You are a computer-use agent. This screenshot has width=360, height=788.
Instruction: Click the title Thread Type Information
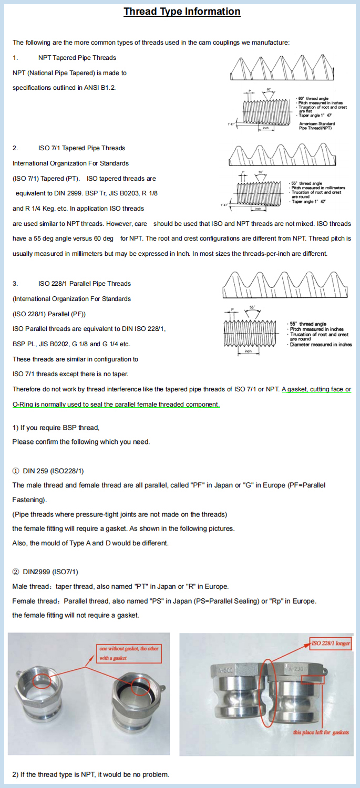pyautogui.click(x=182, y=12)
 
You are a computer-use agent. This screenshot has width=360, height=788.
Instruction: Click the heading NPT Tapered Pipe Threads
pyautogui.click(x=77, y=58)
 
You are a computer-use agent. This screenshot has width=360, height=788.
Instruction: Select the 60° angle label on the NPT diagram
pyautogui.click(x=269, y=90)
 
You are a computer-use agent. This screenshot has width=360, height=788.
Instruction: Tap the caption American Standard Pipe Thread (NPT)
pyautogui.click(x=317, y=126)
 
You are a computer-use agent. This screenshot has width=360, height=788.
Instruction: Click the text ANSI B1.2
pyautogui.click(x=99, y=88)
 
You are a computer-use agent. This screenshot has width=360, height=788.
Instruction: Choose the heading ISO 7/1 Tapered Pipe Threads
pyautogui.click(x=81, y=148)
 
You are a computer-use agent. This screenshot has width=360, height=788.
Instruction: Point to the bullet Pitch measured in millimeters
pyautogui.click(x=318, y=188)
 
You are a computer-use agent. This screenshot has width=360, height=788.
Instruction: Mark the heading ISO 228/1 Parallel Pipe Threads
pyautogui.click(x=84, y=284)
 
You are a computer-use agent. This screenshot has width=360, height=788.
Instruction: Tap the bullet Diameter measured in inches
pyautogui.click(x=321, y=345)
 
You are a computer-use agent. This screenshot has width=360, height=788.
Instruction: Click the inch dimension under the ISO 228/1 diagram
pyautogui.click(x=248, y=351)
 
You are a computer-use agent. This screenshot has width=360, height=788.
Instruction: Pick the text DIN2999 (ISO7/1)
pyautogui.click(x=50, y=572)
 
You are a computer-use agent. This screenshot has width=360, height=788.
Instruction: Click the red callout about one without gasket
pyautogui.click(x=128, y=653)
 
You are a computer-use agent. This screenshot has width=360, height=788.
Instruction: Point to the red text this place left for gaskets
pyautogui.click(x=321, y=732)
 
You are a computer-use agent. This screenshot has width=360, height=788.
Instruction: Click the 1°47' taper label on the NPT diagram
pyautogui.click(x=231, y=125)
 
